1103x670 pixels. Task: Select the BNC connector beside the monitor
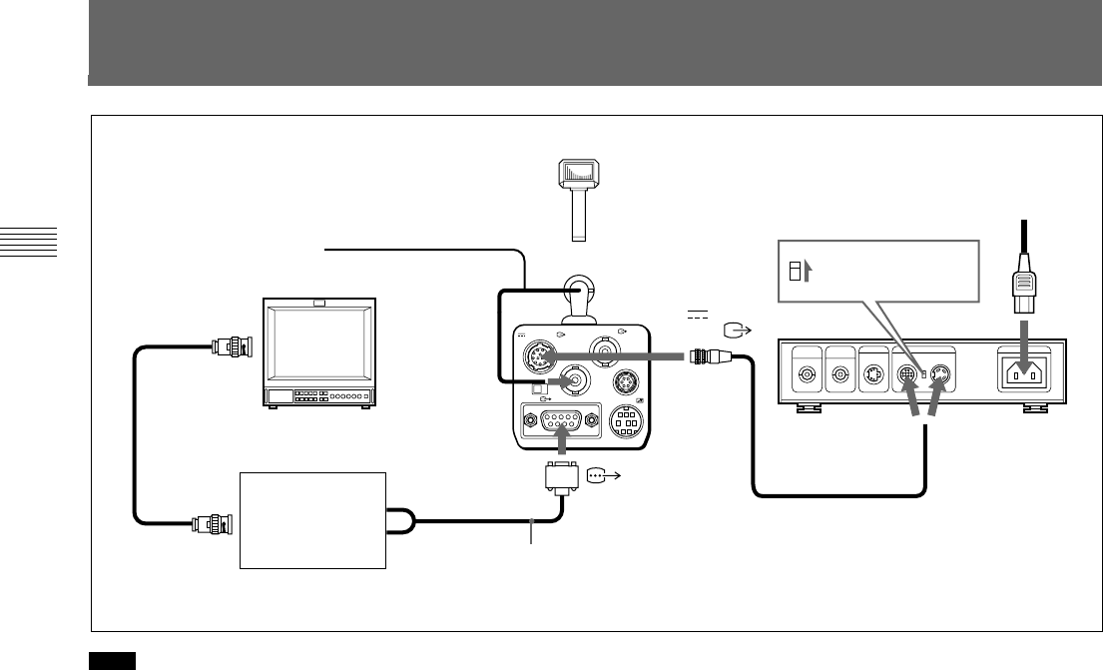(234, 346)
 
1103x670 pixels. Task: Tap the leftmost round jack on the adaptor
(804, 376)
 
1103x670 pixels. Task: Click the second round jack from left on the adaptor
(841, 376)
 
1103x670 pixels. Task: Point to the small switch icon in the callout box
(795, 272)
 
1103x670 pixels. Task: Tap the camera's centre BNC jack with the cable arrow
(575, 380)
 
